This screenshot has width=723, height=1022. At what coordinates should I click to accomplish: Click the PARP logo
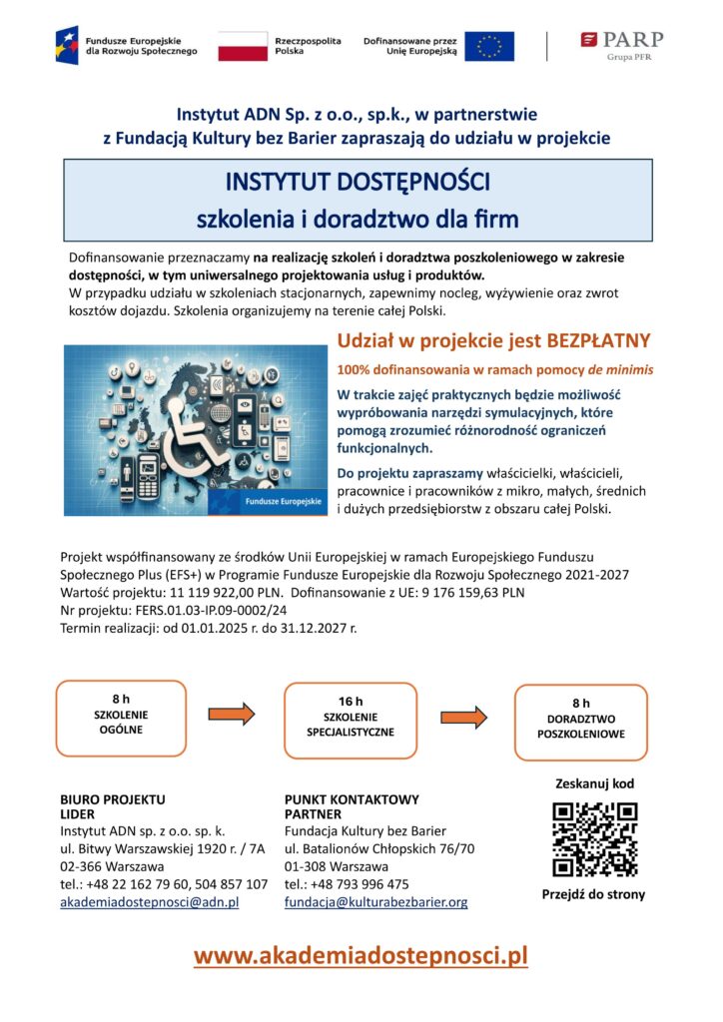(x=621, y=45)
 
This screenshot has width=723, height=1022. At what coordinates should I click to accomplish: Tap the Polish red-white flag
(x=243, y=46)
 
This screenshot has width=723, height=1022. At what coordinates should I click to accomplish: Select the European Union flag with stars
(x=489, y=46)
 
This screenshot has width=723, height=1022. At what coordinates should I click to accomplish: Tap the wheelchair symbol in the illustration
(x=197, y=429)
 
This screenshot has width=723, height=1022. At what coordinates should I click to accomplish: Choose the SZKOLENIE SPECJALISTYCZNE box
(x=351, y=718)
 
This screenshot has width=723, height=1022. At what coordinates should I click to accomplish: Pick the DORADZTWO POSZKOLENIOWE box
(x=580, y=719)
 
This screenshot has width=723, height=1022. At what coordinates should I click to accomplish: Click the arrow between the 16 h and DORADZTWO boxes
(x=463, y=717)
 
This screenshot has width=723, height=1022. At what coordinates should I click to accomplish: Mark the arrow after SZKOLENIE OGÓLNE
(x=232, y=714)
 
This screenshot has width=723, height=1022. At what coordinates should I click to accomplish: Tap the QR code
(x=594, y=837)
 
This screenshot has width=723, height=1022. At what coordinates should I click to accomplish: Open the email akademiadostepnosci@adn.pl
(x=150, y=902)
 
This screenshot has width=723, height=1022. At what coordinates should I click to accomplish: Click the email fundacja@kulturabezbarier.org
(x=375, y=902)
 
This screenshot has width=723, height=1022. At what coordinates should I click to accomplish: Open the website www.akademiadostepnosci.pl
(x=360, y=956)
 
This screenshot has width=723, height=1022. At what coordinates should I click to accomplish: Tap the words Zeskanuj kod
(x=594, y=783)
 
